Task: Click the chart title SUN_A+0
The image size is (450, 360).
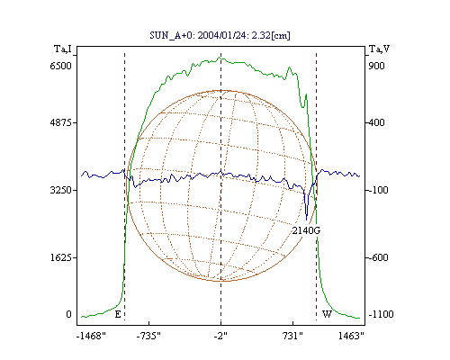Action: [169, 35]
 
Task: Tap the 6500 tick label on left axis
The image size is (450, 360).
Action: [60, 66]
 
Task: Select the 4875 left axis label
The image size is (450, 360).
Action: [60, 122]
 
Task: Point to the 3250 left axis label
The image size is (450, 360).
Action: [60, 190]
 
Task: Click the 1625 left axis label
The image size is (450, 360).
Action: [60, 257]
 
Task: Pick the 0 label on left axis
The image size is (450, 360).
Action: [68, 314]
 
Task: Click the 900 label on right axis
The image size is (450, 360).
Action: [376, 66]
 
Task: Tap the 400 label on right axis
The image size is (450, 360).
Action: [376, 122]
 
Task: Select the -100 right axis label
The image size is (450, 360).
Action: [378, 190]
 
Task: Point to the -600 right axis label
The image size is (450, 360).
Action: [378, 257]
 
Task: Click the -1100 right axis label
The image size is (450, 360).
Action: [381, 314]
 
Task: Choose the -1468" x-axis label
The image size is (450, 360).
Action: [91, 336]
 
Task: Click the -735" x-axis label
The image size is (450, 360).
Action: [148, 336]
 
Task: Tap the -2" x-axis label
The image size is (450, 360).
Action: [220, 336]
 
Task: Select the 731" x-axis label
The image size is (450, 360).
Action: [292, 336]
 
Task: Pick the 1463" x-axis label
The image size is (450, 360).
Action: [351, 336]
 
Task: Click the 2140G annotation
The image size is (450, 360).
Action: [306, 230]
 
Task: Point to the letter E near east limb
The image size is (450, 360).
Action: [118, 314]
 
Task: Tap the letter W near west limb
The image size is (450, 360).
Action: [327, 314]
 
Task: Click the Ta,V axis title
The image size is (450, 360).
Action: [379, 49]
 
